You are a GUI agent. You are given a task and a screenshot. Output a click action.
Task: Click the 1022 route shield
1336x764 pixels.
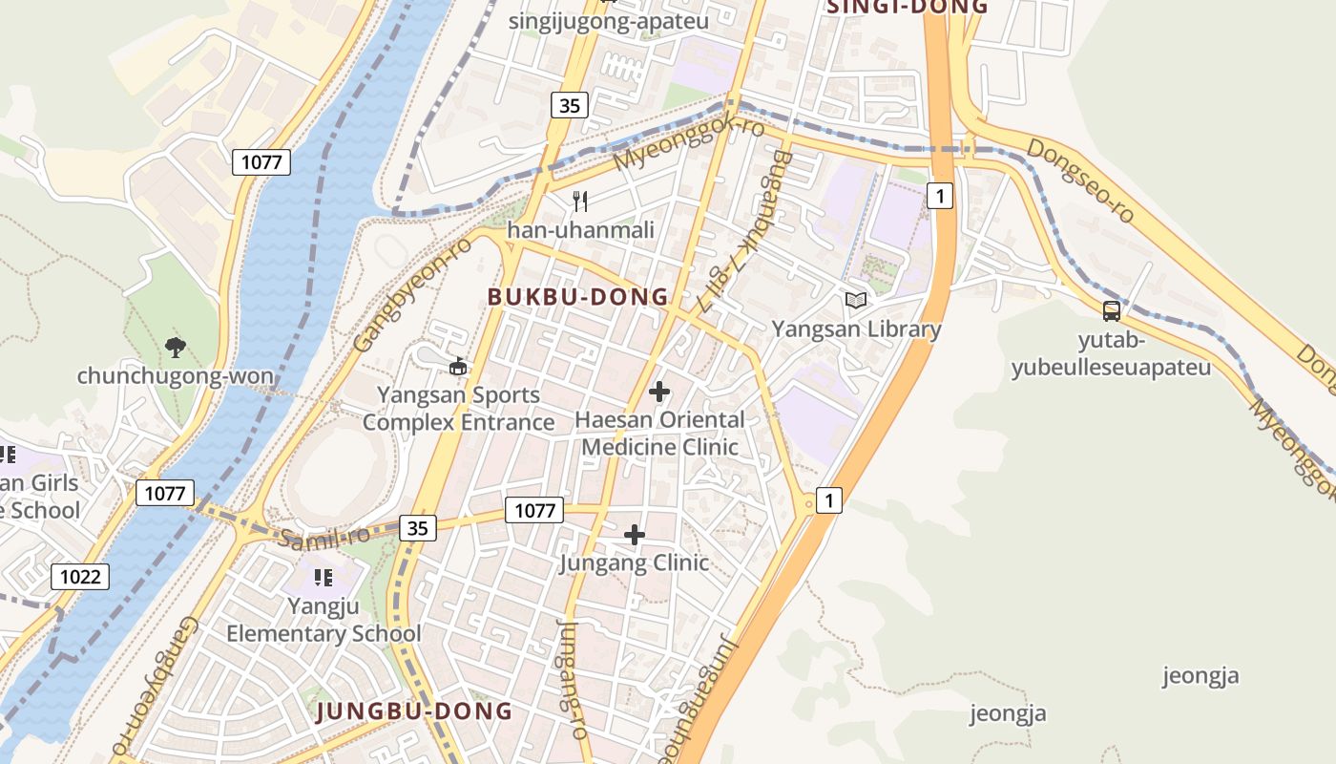click(80, 577)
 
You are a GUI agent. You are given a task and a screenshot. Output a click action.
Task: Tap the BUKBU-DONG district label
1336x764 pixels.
click(578, 297)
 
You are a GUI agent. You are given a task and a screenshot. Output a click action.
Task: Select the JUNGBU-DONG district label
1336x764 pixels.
click(414, 711)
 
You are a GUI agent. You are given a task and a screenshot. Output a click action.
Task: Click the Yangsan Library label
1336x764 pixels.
click(856, 329)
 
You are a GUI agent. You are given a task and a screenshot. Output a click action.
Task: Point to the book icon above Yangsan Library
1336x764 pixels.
click(856, 301)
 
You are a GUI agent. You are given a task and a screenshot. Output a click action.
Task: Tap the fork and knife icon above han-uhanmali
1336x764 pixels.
click(579, 201)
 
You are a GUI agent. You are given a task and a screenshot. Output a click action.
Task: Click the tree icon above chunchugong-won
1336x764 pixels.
click(175, 347)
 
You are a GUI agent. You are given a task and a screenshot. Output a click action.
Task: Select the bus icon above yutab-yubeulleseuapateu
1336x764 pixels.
click(1111, 310)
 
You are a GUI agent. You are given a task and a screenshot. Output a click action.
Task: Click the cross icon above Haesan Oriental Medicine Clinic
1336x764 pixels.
click(658, 392)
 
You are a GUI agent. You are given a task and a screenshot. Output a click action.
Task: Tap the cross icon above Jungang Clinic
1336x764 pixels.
click(635, 535)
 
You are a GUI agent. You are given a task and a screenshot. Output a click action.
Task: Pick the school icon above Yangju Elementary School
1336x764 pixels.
click(323, 578)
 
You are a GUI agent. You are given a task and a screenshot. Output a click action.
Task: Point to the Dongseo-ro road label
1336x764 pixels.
click(1080, 181)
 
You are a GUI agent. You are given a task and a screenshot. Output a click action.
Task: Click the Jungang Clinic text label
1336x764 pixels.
click(635, 562)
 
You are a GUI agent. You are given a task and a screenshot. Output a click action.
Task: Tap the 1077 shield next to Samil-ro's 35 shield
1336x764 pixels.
click(533, 510)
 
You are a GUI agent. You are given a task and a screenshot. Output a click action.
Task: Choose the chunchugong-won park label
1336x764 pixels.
click(175, 375)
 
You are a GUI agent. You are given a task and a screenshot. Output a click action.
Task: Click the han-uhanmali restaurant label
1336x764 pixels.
click(580, 230)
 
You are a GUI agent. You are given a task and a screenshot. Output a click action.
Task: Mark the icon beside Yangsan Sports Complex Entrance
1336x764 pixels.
click(458, 366)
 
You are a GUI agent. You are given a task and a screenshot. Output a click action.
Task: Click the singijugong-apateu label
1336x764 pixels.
click(608, 22)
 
